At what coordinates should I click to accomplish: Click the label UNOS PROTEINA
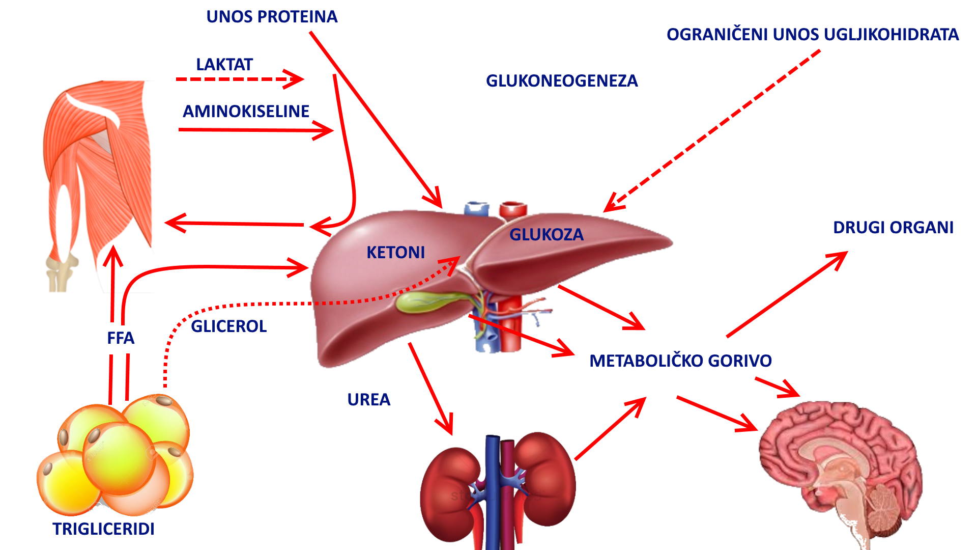272,17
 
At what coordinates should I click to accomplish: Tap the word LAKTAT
224,65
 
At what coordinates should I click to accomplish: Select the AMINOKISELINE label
246,112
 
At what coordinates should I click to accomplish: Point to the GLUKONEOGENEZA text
562,81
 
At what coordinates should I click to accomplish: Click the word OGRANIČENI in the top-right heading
717,35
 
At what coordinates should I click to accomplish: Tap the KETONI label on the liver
395,253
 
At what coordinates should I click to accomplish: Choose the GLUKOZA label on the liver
547,235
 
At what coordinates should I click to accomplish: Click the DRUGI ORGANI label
893,228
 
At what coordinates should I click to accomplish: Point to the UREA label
368,400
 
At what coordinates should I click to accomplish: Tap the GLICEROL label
228,326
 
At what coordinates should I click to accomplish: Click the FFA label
121,338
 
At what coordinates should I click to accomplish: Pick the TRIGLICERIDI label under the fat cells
103,529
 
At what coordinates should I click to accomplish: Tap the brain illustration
840,469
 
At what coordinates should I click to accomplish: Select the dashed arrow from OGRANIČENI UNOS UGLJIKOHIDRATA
712,130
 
